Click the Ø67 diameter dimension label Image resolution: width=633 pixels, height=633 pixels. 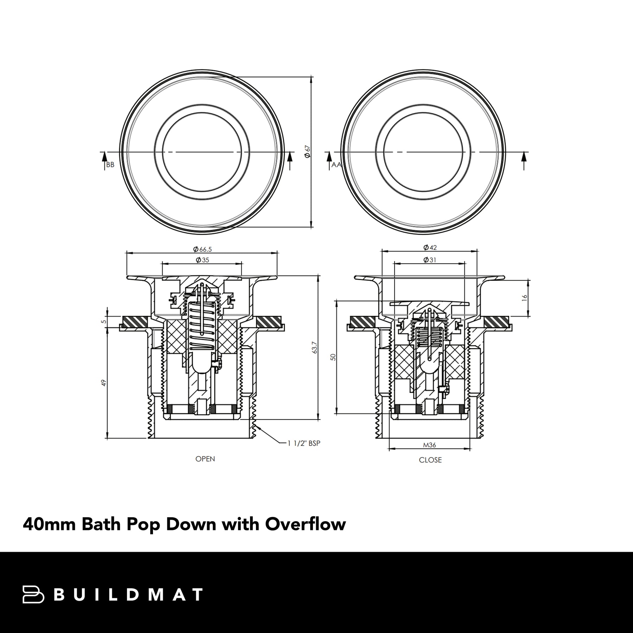pos(308,152)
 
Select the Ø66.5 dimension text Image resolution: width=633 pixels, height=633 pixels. pos(202,249)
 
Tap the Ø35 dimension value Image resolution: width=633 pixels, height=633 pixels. pos(203,260)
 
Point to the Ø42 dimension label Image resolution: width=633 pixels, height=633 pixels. pos(430,248)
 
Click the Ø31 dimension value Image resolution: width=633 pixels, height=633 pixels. pos(430,260)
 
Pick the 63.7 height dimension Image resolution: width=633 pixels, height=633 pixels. pos(315,348)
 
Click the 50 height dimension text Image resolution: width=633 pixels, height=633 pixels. pos(333,357)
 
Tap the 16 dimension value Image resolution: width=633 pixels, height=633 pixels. pos(525,298)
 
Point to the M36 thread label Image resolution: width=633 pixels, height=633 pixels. pos(429,445)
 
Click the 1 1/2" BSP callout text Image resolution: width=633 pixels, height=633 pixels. pos(304,443)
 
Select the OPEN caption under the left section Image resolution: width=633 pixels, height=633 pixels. pos(205,459)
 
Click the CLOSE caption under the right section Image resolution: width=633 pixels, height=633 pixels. pos(430,460)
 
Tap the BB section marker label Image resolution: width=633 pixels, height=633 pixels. pos(110,165)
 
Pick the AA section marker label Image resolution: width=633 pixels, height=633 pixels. pos(336,165)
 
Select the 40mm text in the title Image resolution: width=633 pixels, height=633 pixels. pos(49,524)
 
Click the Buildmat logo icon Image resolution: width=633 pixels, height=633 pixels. pos(33,595)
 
